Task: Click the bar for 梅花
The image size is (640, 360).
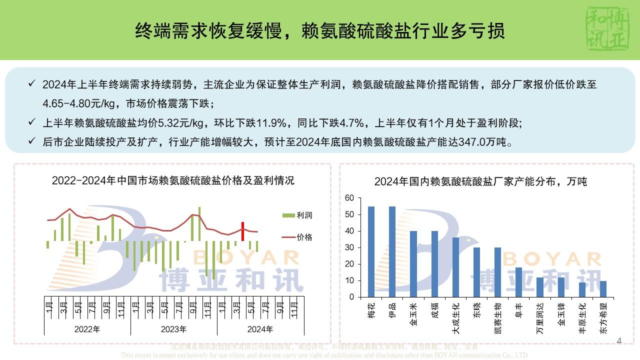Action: tap(371, 251)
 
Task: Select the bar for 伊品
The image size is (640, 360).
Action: tap(392, 251)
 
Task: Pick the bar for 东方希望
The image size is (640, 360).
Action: tap(602, 289)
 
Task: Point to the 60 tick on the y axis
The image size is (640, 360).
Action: tap(349, 198)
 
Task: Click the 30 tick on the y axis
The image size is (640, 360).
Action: tap(349, 248)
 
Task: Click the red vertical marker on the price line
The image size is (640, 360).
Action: tap(242, 231)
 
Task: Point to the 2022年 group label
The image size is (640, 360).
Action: tap(87, 329)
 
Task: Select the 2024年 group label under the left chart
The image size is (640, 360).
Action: tap(260, 329)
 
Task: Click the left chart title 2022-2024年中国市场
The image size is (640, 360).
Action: tap(173, 180)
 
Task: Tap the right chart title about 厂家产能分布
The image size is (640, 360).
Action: tap(480, 181)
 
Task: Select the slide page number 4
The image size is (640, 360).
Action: tap(619, 341)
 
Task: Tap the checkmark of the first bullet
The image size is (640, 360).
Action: tap(32, 84)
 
